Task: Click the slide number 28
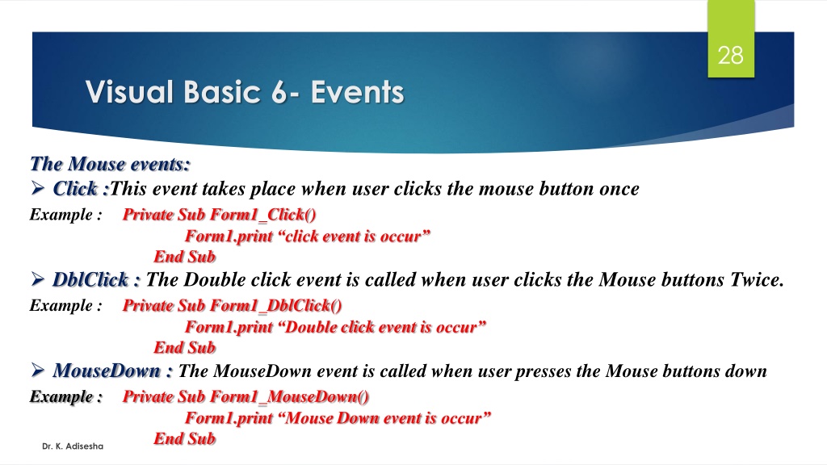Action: click(x=730, y=56)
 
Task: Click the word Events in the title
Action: click(x=357, y=92)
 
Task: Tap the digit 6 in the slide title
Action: click(x=279, y=92)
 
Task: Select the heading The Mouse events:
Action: click(x=110, y=164)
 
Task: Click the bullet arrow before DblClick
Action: click(x=37, y=279)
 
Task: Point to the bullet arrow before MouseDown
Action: click(x=37, y=370)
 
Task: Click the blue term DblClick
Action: click(x=90, y=280)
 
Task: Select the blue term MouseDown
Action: click(x=107, y=371)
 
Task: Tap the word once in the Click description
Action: click(x=619, y=189)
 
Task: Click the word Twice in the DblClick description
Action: click(x=757, y=280)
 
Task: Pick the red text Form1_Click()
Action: click(x=263, y=215)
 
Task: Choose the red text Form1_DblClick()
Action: click(x=276, y=306)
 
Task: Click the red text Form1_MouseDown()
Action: click(x=290, y=397)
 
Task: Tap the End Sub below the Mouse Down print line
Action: click(x=185, y=438)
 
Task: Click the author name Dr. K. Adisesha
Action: click(x=73, y=446)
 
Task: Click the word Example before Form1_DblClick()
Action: click(x=61, y=305)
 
